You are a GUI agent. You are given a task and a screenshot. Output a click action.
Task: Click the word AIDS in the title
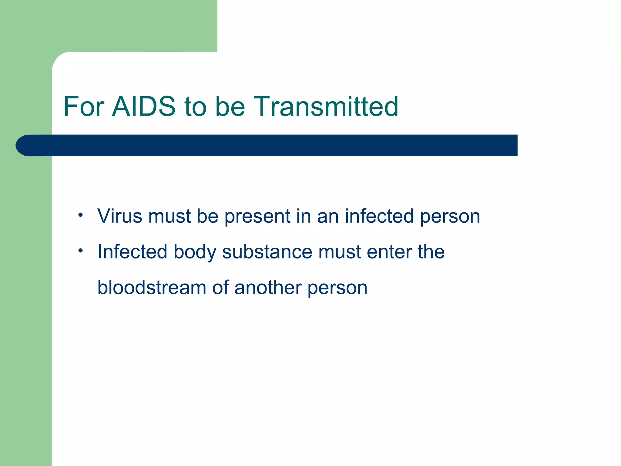(x=144, y=106)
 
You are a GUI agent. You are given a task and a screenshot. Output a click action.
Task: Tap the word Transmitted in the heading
(x=326, y=106)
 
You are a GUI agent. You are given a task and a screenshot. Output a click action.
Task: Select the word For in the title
(x=84, y=106)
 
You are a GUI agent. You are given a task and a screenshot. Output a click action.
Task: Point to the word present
(x=257, y=216)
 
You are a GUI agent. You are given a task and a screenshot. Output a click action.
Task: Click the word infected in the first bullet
(x=379, y=216)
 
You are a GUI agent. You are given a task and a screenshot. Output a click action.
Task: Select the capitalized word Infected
(x=132, y=252)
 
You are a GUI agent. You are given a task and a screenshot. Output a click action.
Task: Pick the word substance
(x=267, y=252)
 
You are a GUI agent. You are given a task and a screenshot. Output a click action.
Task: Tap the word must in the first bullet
(x=169, y=217)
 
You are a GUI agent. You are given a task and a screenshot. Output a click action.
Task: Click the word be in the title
(x=230, y=106)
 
